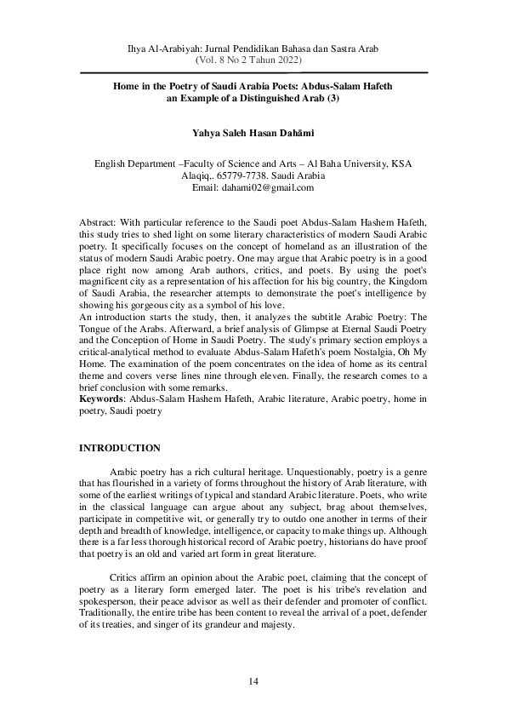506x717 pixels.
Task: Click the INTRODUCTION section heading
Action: click(119, 448)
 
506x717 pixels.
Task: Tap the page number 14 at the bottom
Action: click(253, 681)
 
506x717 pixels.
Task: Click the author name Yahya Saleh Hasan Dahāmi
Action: click(253, 133)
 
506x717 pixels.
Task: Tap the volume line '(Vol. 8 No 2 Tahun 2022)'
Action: click(253, 61)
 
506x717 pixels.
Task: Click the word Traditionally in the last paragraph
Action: click(109, 612)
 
